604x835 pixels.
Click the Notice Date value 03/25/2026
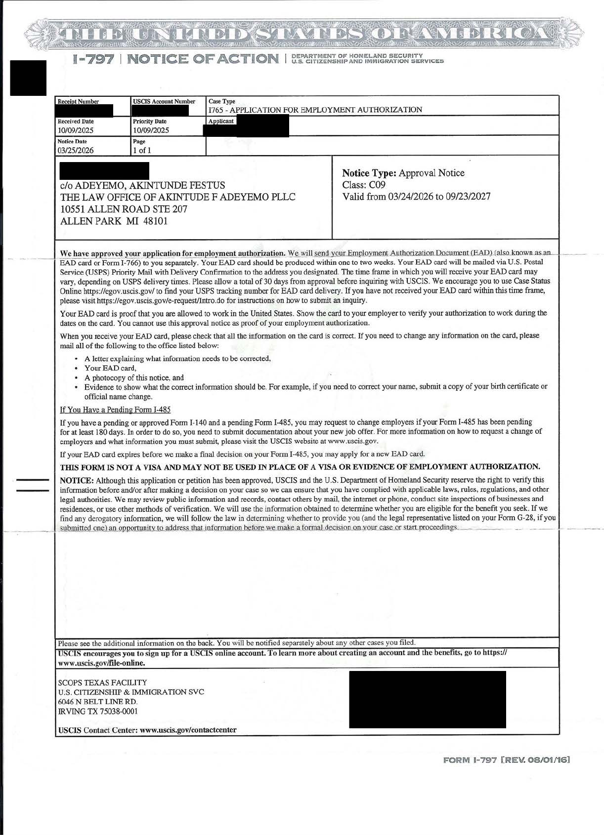click(x=76, y=151)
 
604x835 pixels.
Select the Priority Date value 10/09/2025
click(x=151, y=130)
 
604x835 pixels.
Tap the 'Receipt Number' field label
click(x=78, y=102)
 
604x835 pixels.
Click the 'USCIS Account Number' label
click(x=164, y=102)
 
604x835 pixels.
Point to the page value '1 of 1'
click(x=142, y=151)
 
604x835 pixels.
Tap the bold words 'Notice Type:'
click(x=369, y=173)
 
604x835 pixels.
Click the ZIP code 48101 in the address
click(x=155, y=221)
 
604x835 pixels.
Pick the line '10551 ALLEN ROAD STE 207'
click(x=124, y=209)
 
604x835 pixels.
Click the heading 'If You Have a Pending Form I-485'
click(x=115, y=410)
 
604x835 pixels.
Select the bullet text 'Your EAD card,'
click(x=110, y=368)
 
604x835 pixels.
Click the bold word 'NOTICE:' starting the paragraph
click(x=77, y=480)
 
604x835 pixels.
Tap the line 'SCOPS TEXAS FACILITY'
click(x=102, y=682)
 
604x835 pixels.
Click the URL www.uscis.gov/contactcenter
click(x=188, y=730)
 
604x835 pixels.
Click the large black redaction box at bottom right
click(x=428, y=699)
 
